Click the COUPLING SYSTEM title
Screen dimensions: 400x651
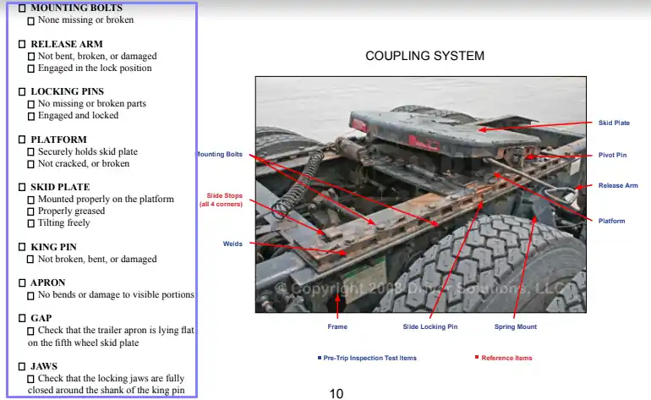coord(424,56)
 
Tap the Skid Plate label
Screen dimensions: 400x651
coord(614,123)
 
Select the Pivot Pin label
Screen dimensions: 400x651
coord(613,156)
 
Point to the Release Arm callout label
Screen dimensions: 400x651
coord(618,185)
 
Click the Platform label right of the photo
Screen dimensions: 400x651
coord(611,221)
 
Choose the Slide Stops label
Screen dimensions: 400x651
coord(221,200)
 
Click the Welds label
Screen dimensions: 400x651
coord(232,244)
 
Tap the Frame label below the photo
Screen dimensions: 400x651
coord(336,326)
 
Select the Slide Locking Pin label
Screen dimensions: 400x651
coord(429,326)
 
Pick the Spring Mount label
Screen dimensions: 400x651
coord(515,326)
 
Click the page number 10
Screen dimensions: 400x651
coord(336,393)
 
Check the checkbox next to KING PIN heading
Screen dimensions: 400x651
coord(23,247)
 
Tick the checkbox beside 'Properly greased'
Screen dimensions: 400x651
coord(31,211)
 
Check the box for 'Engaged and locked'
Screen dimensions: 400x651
coord(31,116)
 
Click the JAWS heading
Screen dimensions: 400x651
coord(44,366)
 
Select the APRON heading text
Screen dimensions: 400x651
coord(47,282)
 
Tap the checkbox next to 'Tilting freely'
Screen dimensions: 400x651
coord(31,223)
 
